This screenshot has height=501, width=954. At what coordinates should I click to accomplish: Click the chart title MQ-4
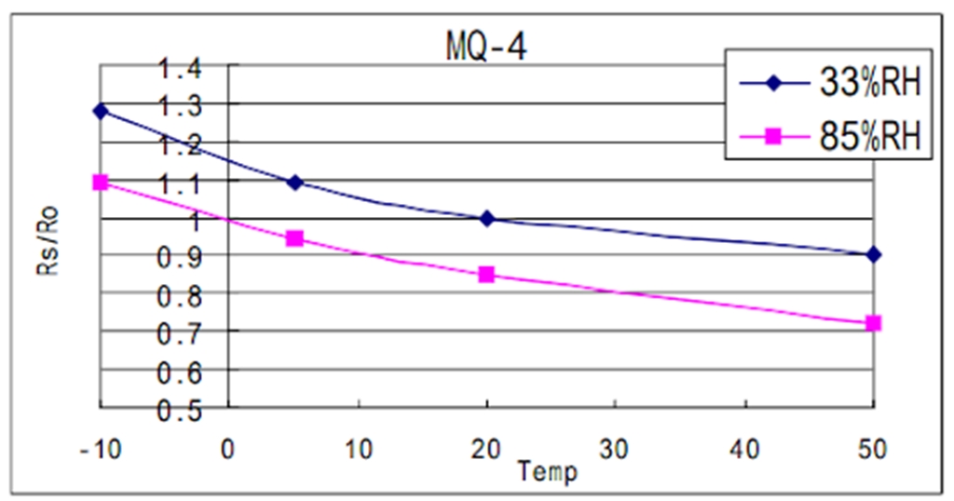pos(484,46)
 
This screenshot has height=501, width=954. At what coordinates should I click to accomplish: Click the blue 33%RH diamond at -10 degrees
pos(101,111)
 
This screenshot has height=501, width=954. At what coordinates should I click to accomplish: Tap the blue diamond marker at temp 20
pos(486,218)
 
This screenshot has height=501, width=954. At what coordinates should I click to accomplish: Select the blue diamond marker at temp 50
pos(873,254)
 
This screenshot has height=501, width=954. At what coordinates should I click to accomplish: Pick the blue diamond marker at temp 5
pos(294,182)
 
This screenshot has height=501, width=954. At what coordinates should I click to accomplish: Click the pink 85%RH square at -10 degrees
pos(101,183)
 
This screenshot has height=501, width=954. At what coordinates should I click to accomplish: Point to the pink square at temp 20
pos(486,275)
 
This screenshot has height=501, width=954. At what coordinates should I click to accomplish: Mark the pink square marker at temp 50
pos(873,323)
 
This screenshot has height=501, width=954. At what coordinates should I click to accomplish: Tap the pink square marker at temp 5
pos(294,238)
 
